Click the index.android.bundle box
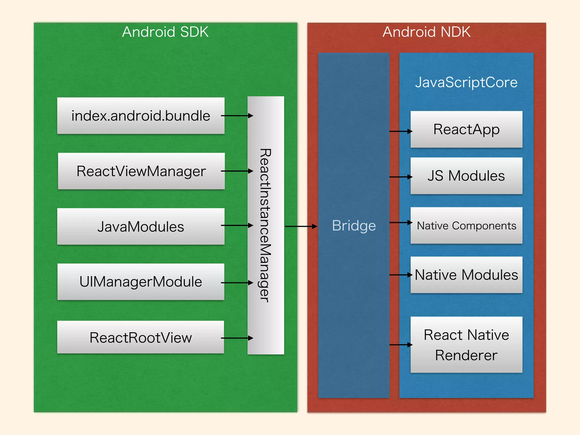point(141,116)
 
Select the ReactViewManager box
point(141,171)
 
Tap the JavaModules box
point(141,227)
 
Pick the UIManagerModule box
point(141,282)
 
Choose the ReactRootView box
point(140,337)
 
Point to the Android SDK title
point(165,32)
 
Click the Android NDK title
point(427,32)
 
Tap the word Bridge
point(354,226)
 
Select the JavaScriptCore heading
point(466,82)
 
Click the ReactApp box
point(466,129)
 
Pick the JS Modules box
point(466,176)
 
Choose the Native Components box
point(466,226)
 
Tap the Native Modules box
point(466,275)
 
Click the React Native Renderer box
point(466,345)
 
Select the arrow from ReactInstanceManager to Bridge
point(301,226)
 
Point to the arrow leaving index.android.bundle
point(237,116)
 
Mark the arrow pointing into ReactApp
point(401,131)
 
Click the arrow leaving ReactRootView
point(237,338)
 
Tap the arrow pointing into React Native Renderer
point(401,345)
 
